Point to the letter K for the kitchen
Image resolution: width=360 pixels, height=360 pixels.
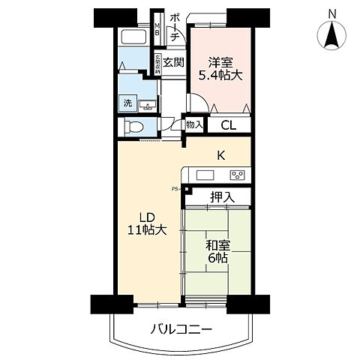point(221,156)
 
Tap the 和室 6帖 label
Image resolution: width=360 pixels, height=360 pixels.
point(217,251)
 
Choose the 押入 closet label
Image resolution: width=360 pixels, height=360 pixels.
point(221,198)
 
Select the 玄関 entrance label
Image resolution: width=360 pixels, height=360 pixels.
point(173,62)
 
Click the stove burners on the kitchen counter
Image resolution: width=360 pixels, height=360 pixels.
point(237,175)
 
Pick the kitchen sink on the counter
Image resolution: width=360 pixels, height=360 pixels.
point(204,175)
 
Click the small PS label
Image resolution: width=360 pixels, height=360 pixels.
point(174,188)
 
